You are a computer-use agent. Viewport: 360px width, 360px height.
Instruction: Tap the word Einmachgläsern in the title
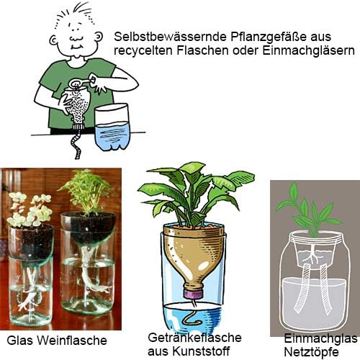(x=308, y=50)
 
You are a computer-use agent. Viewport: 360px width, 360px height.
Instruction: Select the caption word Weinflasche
(x=72, y=341)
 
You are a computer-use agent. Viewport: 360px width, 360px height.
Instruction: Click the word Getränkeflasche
(x=194, y=338)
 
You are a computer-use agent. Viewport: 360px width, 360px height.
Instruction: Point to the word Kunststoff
(x=201, y=351)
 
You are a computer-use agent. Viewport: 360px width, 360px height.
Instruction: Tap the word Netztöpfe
(x=311, y=352)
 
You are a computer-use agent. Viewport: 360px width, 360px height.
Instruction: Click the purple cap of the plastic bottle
(x=194, y=294)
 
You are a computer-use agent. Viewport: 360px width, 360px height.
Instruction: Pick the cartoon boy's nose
(x=76, y=37)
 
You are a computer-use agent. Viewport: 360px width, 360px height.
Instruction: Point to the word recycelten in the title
(x=144, y=51)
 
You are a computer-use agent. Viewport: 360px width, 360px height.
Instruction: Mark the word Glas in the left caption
(x=20, y=341)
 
